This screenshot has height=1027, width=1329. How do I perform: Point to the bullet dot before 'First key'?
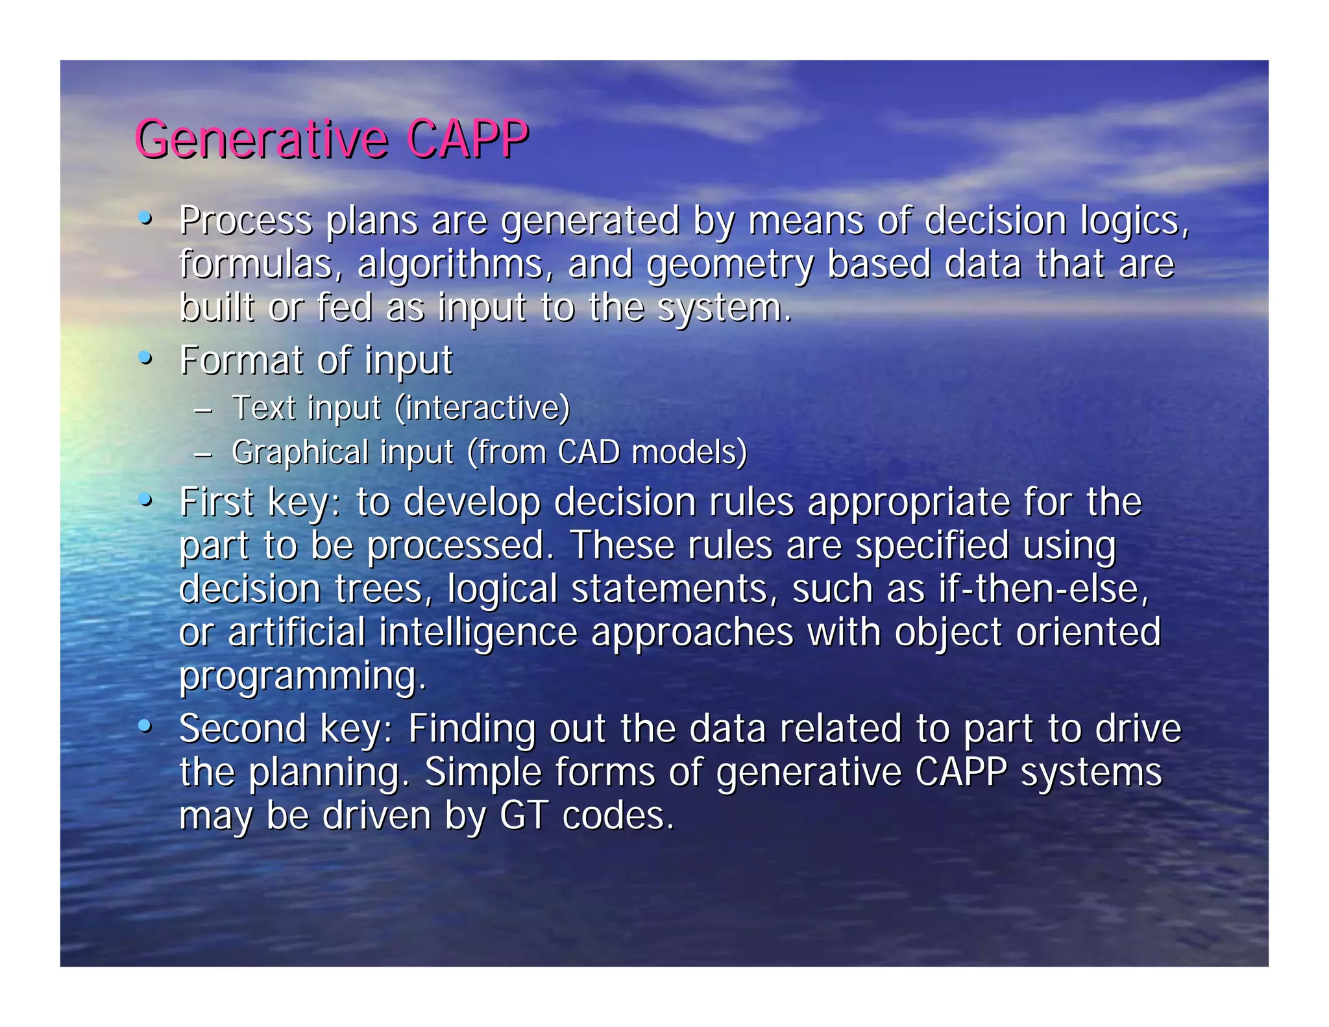146,501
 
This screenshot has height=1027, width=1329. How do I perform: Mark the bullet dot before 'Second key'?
146,726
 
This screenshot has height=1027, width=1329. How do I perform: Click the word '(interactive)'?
482,408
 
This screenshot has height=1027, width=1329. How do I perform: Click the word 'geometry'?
729,265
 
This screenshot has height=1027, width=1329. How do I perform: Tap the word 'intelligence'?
478,633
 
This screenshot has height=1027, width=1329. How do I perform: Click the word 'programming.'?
302,677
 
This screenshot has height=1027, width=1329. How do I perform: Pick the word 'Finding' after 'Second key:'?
472,728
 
